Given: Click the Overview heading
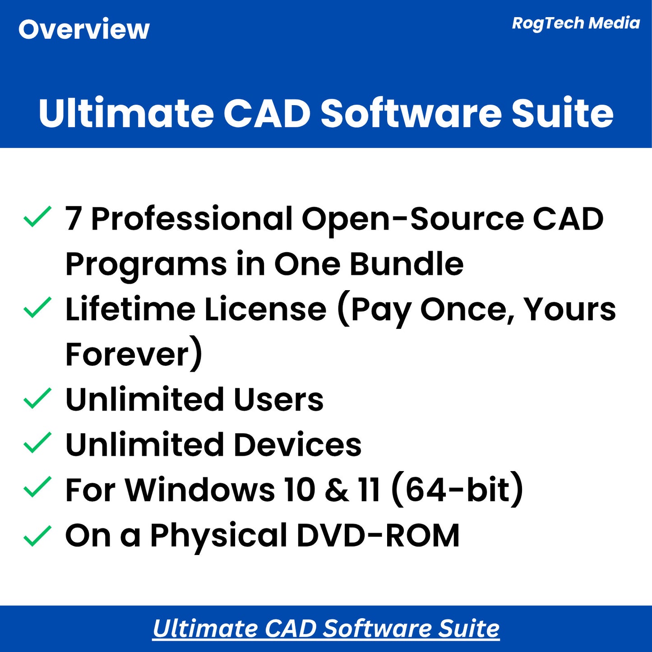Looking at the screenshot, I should point(84,30).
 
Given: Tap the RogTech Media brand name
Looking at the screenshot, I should point(576,23).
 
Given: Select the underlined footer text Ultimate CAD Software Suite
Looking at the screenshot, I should point(326,629).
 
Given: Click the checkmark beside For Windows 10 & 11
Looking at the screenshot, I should point(37,488).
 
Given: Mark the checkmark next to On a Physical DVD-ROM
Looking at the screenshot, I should point(37,536).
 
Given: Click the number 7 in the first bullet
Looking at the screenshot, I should point(74,219).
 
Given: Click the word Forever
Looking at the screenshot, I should point(128,355).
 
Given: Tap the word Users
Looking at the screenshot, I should point(278,400).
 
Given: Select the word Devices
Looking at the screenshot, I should point(298,445).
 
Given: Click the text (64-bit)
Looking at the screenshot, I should point(457,490).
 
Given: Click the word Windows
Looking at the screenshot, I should point(200,490).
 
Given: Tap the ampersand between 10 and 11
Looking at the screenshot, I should point(336,490).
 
